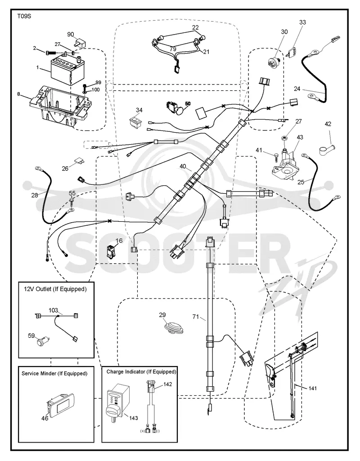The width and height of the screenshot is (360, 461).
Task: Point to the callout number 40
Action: (183, 166)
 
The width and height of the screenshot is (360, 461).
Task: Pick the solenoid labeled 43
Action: (285, 165)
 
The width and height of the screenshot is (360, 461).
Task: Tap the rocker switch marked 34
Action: (136, 122)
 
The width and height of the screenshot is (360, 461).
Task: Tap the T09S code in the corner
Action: (24, 17)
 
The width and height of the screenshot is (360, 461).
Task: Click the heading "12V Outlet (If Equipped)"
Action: (55, 289)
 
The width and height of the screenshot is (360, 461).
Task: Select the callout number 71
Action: (196, 317)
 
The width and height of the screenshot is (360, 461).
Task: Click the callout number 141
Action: (313, 388)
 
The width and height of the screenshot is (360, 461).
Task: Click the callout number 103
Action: (53, 310)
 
